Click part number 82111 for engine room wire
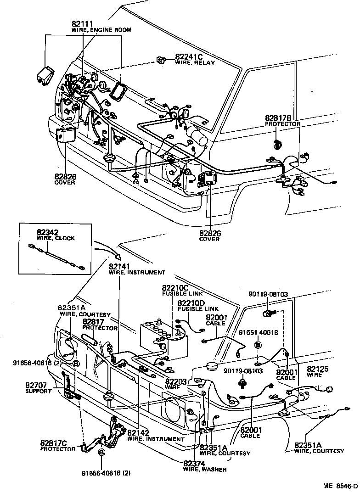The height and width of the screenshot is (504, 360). (x=83, y=24)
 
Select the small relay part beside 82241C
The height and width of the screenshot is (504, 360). (x=161, y=59)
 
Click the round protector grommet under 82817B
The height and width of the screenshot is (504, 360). (x=277, y=143)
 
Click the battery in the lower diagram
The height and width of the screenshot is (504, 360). (x=163, y=338)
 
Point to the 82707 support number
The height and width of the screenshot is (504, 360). (x=36, y=386)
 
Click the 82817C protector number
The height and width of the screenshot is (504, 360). (x=53, y=443)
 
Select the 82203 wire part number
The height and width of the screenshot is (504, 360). (x=176, y=381)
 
